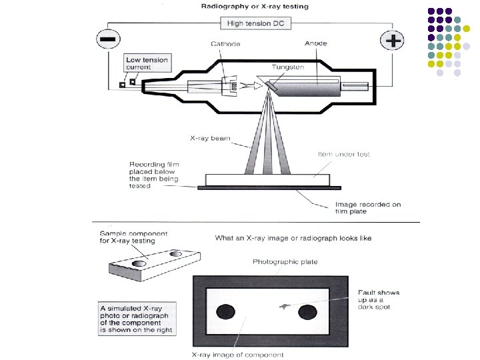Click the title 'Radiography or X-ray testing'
click(255, 7)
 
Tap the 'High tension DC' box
click(255, 23)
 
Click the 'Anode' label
click(315, 44)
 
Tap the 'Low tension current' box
click(147, 64)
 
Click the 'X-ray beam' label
click(211, 139)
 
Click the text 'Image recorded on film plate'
click(367, 208)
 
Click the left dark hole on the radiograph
click(227, 311)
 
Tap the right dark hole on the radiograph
click(307, 311)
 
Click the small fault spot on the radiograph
click(283, 307)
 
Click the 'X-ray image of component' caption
click(237, 354)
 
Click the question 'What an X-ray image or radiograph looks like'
click(293, 238)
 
